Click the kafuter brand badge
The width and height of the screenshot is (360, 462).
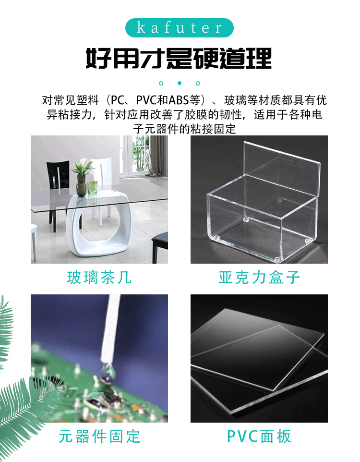pos(180,28)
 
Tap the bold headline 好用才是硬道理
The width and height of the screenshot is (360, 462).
pos(179,58)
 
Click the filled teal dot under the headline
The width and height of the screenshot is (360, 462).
pos(180,83)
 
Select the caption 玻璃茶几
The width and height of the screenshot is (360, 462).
pos(99,278)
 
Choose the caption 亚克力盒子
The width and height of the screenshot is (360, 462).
pos(259,278)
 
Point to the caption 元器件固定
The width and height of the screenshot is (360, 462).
pos(99,437)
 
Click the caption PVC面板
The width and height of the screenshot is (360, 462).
pos(259,437)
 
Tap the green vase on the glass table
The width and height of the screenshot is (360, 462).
pos(81,186)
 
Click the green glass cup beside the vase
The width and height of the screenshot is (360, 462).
pos(92,187)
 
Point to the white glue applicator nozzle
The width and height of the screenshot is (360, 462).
pos(110,328)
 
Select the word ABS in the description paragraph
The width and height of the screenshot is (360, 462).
pos(179,100)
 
